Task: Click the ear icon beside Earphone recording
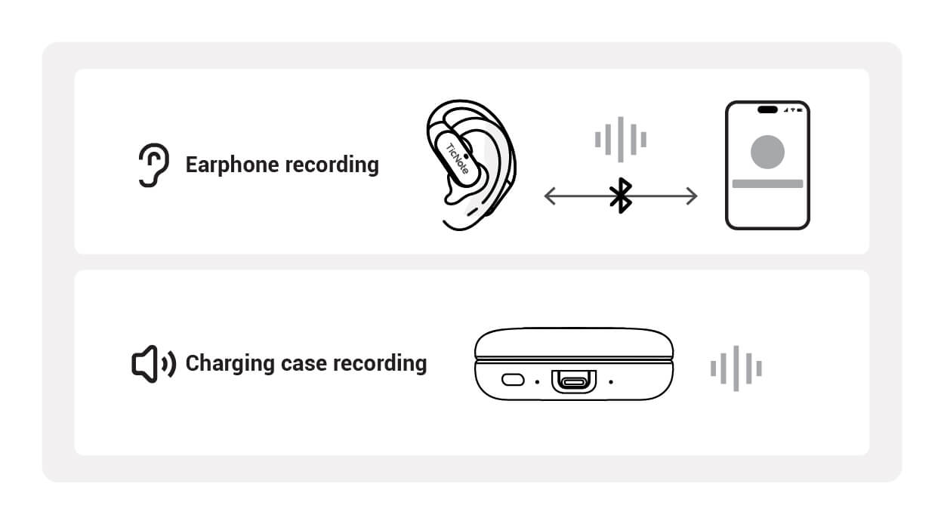point(152,165)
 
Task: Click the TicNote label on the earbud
point(458,159)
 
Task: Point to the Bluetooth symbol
point(620,197)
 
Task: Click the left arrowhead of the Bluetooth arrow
point(549,197)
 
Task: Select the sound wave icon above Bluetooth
point(620,139)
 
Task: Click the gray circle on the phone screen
point(767,152)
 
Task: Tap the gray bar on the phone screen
point(767,183)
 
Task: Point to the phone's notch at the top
point(767,109)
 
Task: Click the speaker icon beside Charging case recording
point(153,364)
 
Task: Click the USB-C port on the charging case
point(573,381)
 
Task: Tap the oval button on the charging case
point(513,380)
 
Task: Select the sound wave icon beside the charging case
point(736,368)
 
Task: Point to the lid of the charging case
point(574,342)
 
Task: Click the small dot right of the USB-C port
point(611,381)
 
